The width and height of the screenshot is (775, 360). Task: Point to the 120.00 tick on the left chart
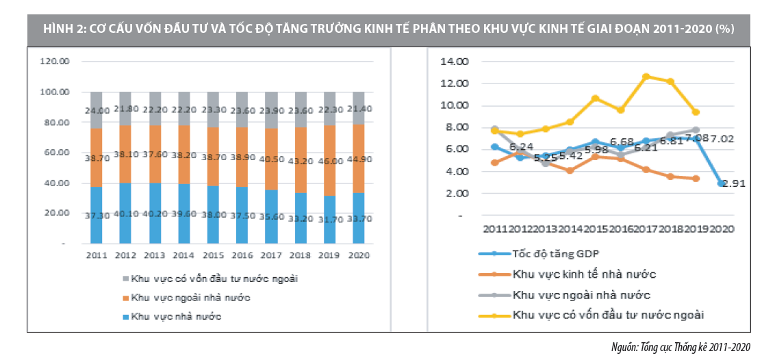[56, 62]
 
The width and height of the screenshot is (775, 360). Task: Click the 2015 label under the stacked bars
[214, 255]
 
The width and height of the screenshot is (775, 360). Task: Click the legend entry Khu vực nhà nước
[177, 316]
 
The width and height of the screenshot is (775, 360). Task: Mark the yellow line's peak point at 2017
[646, 77]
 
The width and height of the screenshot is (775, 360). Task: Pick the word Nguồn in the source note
[624, 348]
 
